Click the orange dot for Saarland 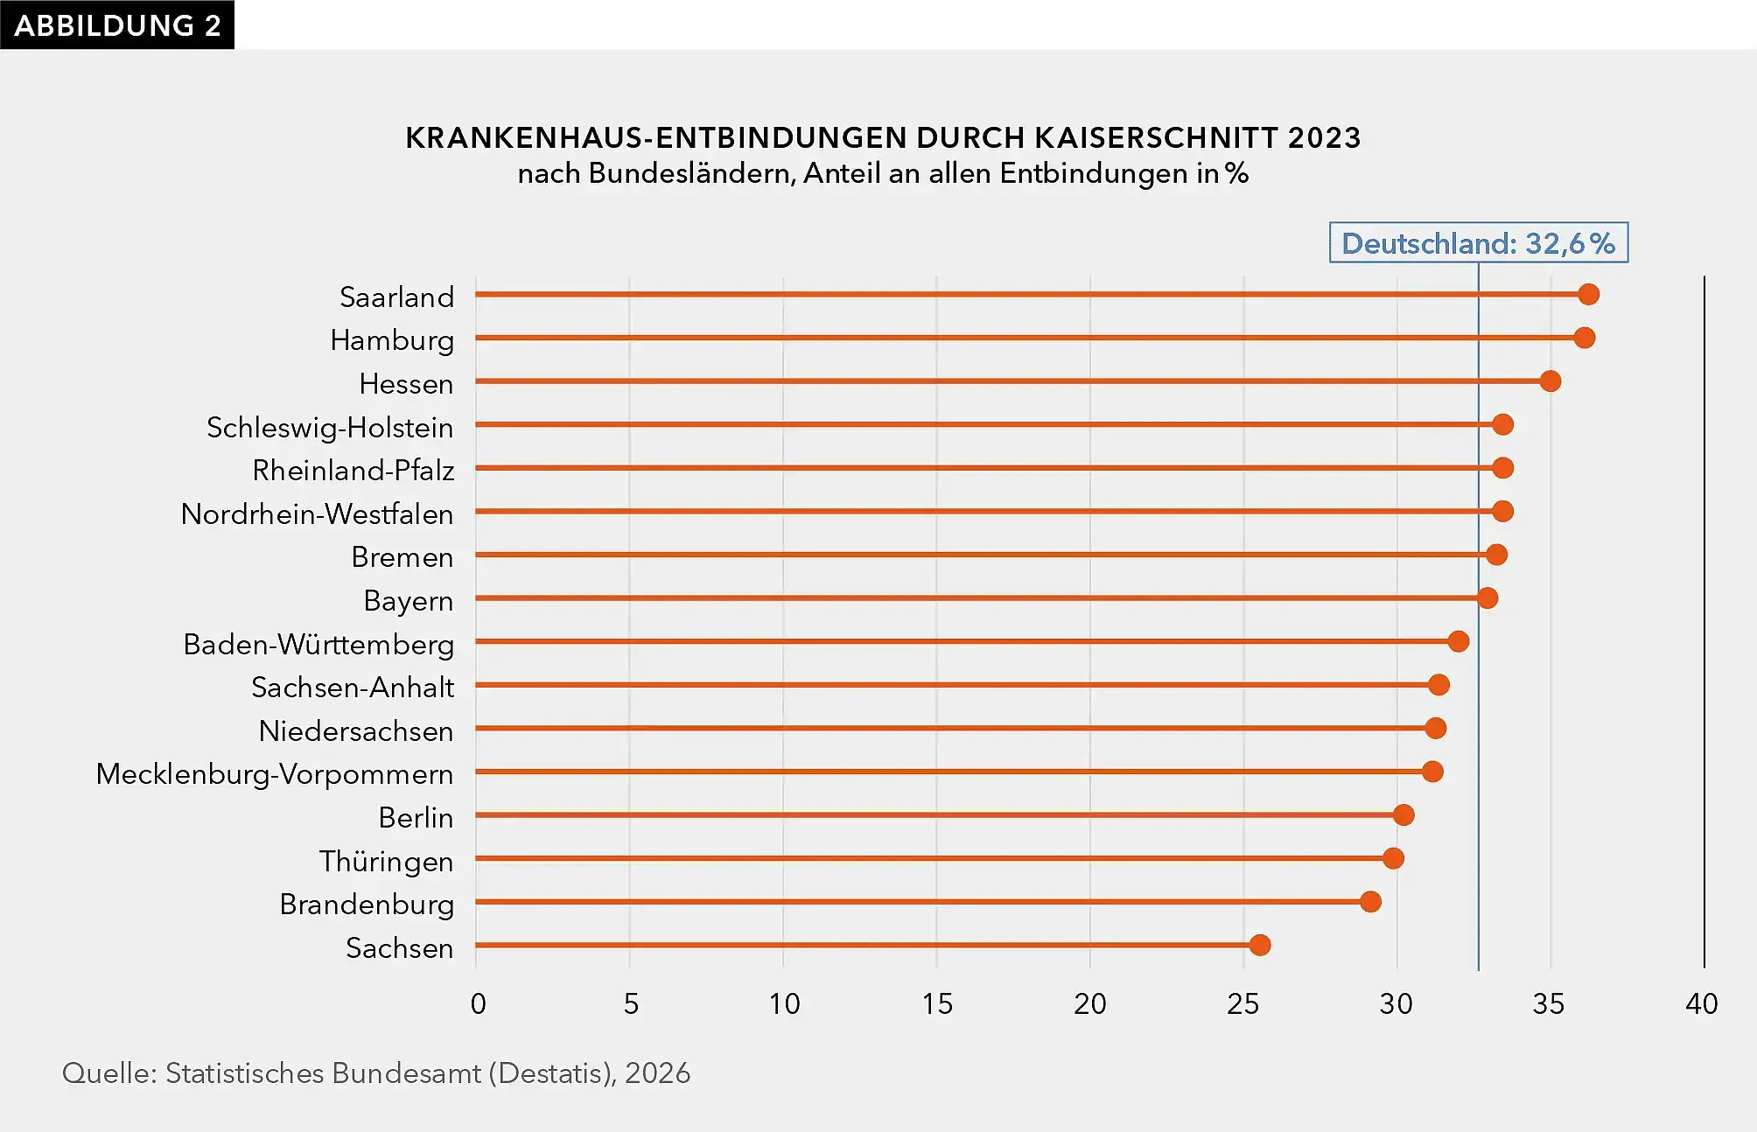click(1588, 295)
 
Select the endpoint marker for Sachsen click(1260, 945)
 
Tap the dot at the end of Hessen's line click(1550, 381)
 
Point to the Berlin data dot click(1403, 815)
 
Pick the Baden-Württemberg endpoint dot click(1458, 641)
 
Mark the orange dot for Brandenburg click(1370, 902)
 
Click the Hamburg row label click(392, 340)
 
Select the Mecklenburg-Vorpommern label click(275, 774)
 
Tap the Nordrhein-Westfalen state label click(317, 514)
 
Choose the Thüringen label click(386, 861)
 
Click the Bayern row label click(409, 601)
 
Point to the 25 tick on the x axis click(1242, 1003)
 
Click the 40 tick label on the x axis click(1702, 1003)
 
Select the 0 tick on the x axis click(478, 1003)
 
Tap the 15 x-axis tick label click(937, 1003)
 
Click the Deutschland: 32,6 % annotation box click(1479, 242)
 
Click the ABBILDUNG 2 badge click(117, 24)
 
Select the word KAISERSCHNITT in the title click(1157, 137)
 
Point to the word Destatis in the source click(549, 1073)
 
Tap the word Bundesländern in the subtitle click(692, 173)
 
